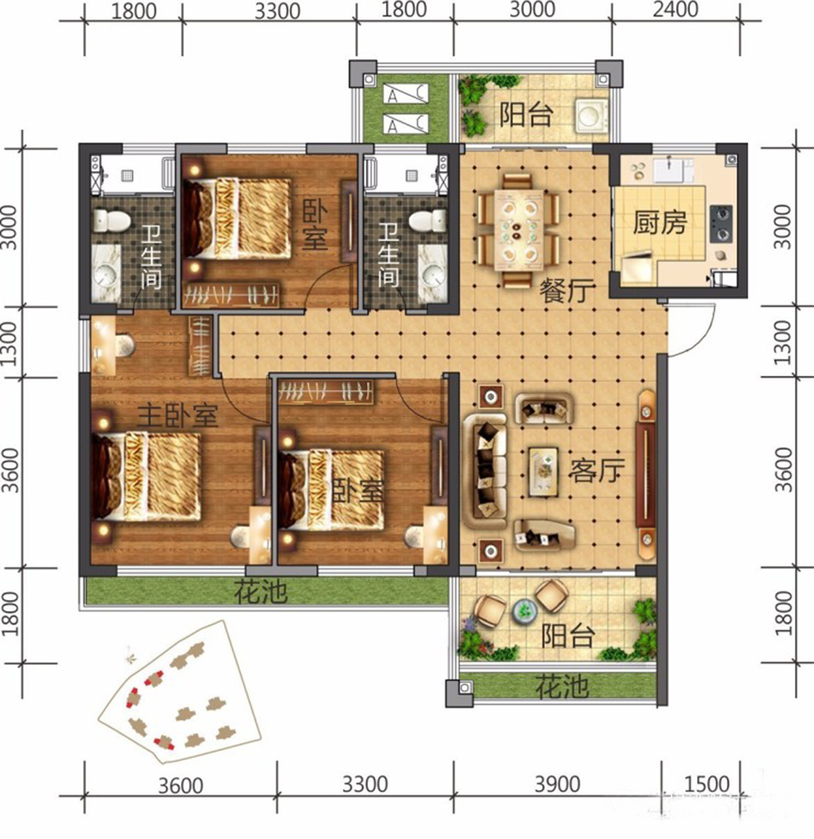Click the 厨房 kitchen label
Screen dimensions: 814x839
(659, 222)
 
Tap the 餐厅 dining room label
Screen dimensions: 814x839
(567, 291)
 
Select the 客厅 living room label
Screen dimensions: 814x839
(597, 470)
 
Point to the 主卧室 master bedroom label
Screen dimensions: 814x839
(177, 415)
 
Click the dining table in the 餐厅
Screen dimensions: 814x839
(518, 230)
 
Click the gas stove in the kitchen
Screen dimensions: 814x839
(722, 224)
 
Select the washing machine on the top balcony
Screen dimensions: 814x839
(591, 115)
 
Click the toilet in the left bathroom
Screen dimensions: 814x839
(112, 220)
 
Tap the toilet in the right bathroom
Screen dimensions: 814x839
(427, 220)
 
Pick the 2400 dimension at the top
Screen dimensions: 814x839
(676, 10)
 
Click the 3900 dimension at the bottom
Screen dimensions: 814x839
(558, 784)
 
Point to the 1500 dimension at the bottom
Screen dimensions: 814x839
(707, 784)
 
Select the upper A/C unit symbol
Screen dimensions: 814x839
(405, 94)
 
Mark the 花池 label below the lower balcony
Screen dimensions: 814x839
(562, 687)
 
